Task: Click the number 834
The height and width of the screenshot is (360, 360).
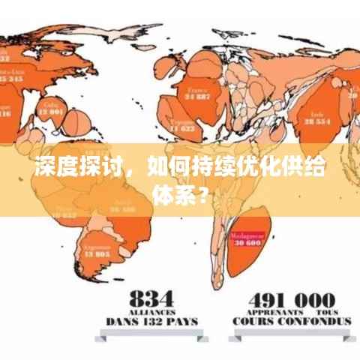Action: [x=151, y=296]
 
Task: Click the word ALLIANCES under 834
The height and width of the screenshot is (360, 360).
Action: [x=151, y=310]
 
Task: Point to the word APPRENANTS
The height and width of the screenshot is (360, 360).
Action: [x=273, y=310]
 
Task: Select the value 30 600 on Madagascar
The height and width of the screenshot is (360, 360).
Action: [x=247, y=243]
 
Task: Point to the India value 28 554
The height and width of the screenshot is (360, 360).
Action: [x=317, y=120]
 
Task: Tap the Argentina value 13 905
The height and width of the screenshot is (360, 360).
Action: [x=97, y=253]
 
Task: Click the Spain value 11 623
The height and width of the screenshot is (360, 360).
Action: [x=182, y=128]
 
